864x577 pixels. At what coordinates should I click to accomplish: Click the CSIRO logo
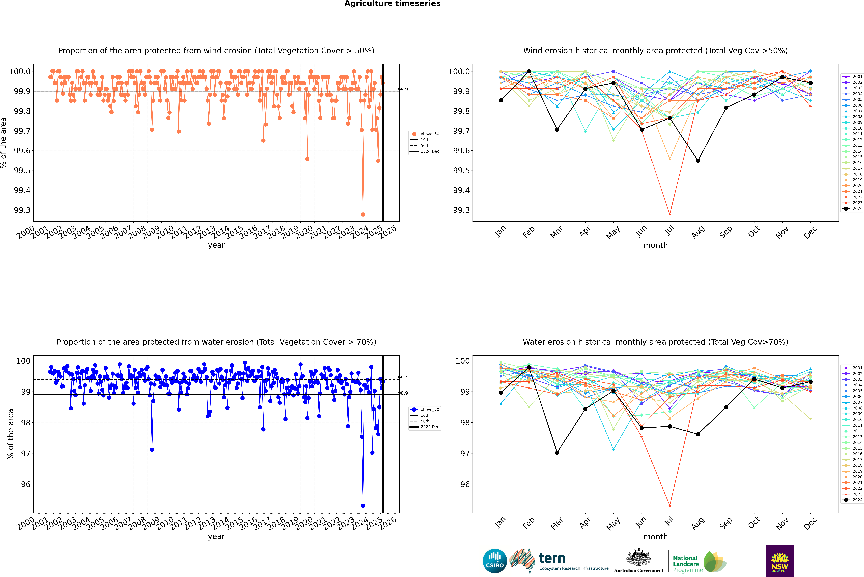click(495, 561)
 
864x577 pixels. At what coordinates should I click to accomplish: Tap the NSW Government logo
click(780, 561)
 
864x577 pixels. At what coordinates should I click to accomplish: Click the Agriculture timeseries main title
click(392, 4)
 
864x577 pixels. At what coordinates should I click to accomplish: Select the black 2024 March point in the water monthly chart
click(557, 453)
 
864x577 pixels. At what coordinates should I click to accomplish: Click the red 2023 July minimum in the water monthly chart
click(670, 506)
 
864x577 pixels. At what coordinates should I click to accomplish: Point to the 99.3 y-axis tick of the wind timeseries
click(22, 210)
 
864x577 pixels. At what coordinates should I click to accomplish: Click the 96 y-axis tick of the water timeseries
click(26, 484)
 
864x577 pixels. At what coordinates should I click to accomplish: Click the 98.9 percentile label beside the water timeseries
click(403, 393)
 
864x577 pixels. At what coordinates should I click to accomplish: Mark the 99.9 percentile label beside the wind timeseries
click(403, 89)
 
